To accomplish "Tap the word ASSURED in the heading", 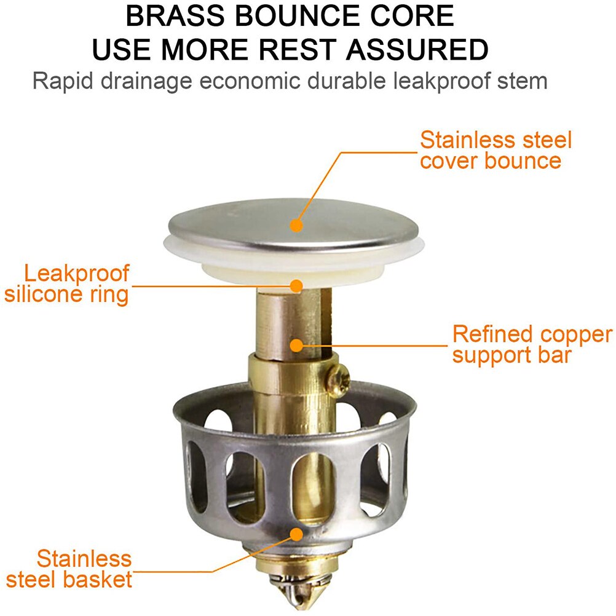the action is click(x=417, y=50).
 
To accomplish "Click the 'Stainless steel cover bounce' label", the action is click(x=496, y=151).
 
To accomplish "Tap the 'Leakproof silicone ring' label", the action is click(x=67, y=284).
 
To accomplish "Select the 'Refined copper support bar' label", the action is click(x=532, y=344).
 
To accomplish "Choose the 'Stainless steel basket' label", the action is click(x=69, y=569).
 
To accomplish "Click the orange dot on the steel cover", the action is click(x=296, y=226).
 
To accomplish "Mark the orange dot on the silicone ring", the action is click(x=296, y=286).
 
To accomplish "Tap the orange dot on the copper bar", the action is click(x=296, y=346).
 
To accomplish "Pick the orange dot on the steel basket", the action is click(x=296, y=534).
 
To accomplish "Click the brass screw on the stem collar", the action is click(x=338, y=380).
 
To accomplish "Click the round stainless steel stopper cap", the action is click(x=293, y=226).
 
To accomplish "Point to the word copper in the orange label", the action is click(x=576, y=335).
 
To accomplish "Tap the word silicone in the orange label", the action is click(x=44, y=294).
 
